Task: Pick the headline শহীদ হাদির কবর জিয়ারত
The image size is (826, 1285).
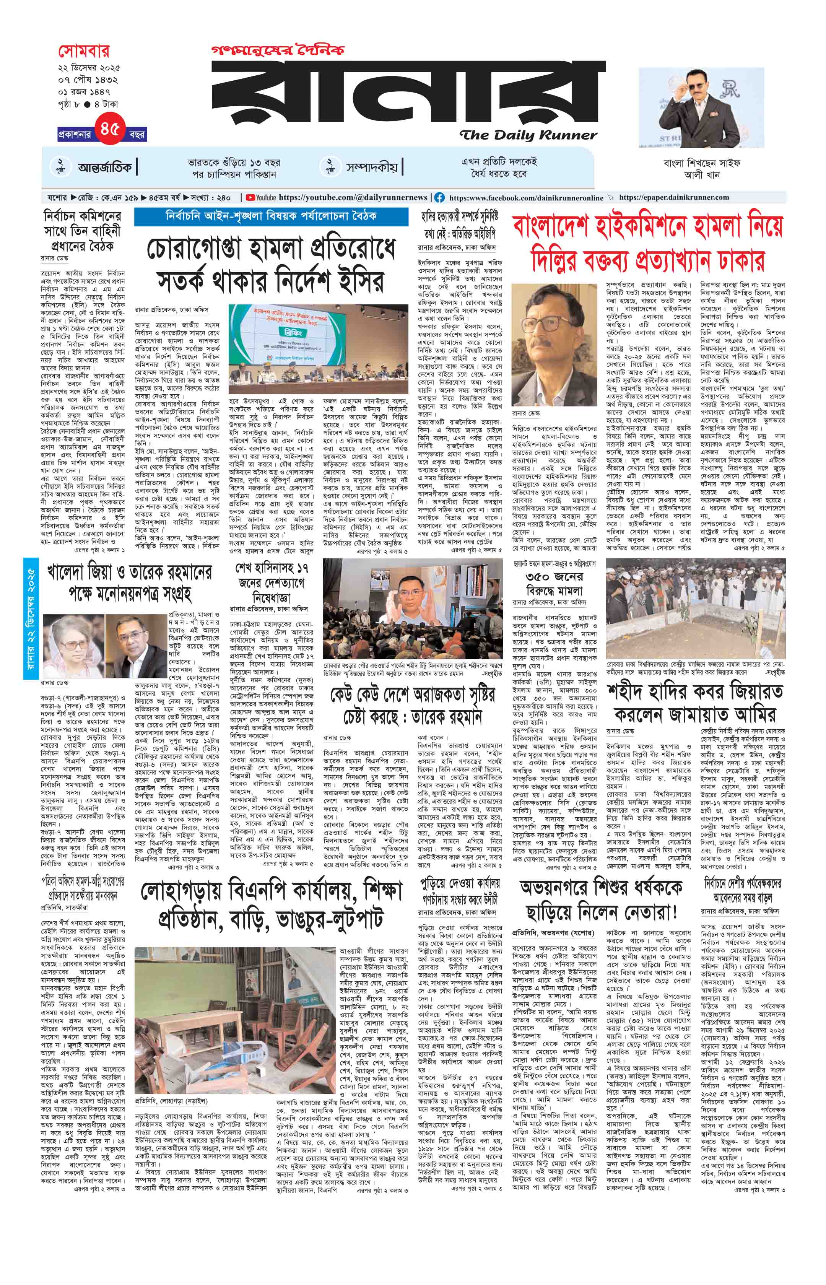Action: point(694,693)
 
